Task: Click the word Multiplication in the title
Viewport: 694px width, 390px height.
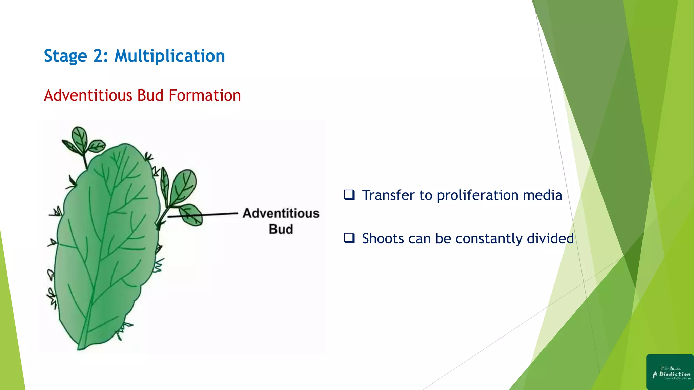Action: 169,56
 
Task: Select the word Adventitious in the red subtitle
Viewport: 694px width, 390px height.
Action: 88,95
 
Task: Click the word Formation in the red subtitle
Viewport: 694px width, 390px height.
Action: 205,95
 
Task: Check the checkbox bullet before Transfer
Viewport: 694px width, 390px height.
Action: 349,195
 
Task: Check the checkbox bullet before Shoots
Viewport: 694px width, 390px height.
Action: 349,238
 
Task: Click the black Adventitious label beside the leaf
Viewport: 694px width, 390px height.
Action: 281,213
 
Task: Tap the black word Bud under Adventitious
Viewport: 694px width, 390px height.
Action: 281,229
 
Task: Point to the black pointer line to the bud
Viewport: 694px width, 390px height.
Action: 203,215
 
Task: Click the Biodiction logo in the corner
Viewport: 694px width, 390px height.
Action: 670,372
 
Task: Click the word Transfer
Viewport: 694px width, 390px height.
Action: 388,195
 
